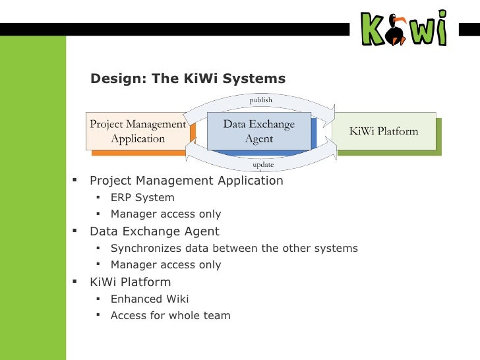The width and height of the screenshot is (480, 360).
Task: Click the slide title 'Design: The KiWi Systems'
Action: pyautogui.click(x=188, y=79)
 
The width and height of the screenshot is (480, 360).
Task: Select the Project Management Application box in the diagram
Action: pyautogui.click(x=138, y=131)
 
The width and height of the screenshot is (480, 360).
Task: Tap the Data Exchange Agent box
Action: pyautogui.click(x=258, y=131)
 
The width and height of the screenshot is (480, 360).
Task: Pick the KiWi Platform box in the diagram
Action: pyautogui.click(x=384, y=131)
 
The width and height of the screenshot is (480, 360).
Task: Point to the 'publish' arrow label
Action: pyautogui.click(x=260, y=100)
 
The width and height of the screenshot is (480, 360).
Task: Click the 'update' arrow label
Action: pyautogui.click(x=263, y=164)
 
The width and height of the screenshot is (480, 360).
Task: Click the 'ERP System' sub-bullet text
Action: pyautogui.click(x=142, y=197)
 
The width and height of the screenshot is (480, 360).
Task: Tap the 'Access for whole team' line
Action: pyautogui.click(x=170, y=315)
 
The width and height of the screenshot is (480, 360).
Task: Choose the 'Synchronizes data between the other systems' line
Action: pyautogui.click(x=234, y=248)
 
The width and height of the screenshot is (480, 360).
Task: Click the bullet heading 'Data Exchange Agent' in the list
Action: pyautogui.click(x=154, y=231)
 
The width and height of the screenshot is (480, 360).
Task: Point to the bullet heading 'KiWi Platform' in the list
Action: pyautogui.click(x=130, y=282)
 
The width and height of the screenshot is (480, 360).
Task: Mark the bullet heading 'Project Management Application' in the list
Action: pyautogui.click(x=187, y=181)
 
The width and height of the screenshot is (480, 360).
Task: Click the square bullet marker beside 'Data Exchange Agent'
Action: pyautogui.click(x=75, y=231)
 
